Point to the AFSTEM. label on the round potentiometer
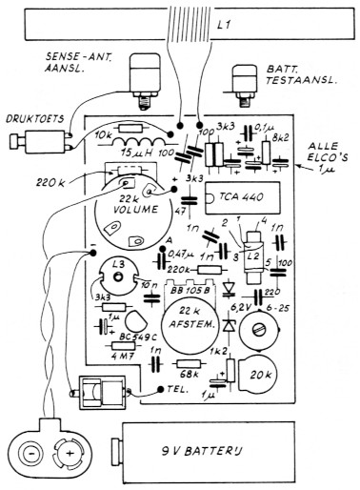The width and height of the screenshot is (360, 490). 191,324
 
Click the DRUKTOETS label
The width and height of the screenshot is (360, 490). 35,122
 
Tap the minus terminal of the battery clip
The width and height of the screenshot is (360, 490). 31,448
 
